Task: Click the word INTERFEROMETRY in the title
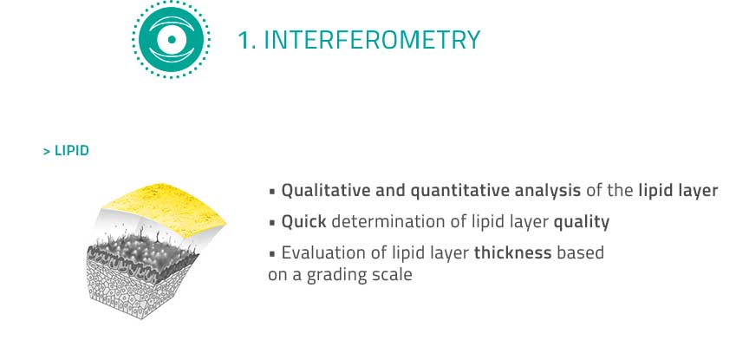372,40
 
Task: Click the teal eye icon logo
172,40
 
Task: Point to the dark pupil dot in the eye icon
172,40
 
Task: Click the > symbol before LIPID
47,151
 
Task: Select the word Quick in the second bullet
303,221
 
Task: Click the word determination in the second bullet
382,221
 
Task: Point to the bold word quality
582,222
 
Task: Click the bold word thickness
512,252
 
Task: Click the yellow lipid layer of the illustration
165,209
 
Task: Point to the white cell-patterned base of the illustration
136,289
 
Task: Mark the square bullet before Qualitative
272,192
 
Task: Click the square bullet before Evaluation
272,254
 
